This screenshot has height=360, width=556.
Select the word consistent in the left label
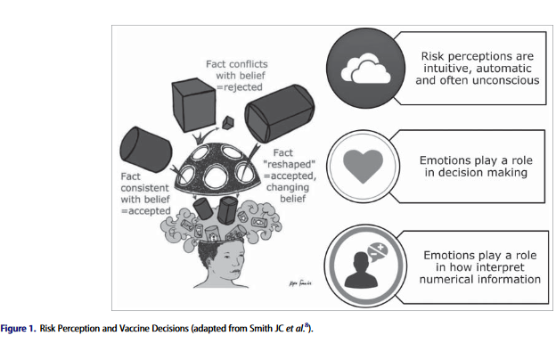click(x=144, y=189)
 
